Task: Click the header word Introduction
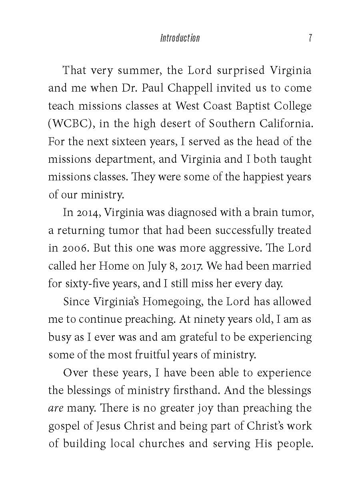pyautogui.click(x=180, y=38)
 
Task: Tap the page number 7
pyautogui.click(x=310, y=38)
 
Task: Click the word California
pyautogui.click(x=285, y=124)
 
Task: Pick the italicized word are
pyautogui.click(x=55, y=408)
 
